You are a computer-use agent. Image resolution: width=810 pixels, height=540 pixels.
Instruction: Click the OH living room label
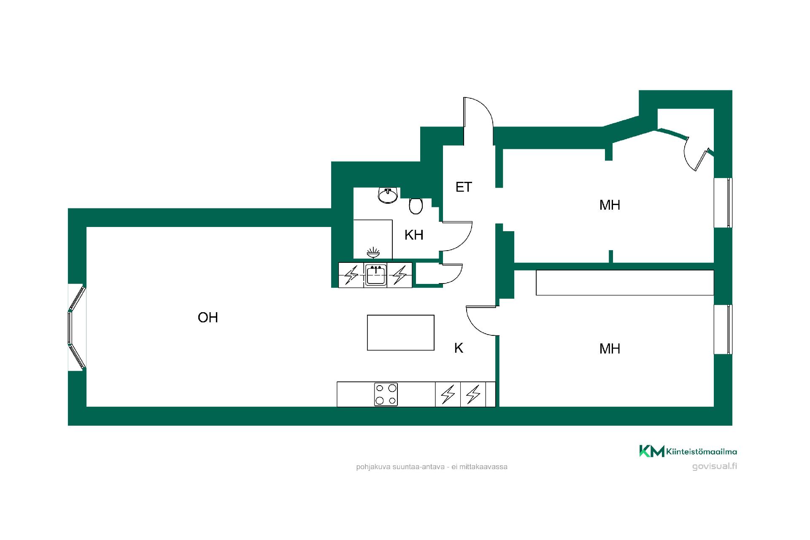tap(208, 317)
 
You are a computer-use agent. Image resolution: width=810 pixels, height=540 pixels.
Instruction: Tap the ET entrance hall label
tap(464, 187)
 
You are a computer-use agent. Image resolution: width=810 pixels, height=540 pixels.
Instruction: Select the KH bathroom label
tap(413, 235)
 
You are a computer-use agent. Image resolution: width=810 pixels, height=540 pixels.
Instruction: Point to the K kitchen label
tap(459, 348)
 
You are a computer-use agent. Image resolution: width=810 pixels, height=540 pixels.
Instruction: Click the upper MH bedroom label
tap(610, 205)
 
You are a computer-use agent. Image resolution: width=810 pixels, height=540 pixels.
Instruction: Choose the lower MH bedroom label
tap(610, 348)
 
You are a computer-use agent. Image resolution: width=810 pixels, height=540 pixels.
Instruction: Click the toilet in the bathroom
tap(416, 205)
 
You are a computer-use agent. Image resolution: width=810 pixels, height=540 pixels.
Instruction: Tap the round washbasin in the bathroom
tap(388, 195)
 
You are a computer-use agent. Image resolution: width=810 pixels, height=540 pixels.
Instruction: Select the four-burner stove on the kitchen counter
tap(386, 394)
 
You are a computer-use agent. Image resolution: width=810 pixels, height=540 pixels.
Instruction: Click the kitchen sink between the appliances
tap(375, 275)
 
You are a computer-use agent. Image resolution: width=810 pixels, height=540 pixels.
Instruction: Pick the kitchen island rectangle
tap(401, 332)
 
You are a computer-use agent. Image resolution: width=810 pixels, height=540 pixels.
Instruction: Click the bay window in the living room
tap(77, 327)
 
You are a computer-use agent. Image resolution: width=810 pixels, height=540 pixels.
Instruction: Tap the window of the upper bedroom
tap(723, 202)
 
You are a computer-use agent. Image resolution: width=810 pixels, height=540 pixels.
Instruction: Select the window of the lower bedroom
tap(723, 329)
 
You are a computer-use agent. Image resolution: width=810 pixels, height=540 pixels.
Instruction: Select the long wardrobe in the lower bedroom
tap(625, 283)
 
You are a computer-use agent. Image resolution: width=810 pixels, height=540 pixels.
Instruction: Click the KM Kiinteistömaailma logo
tap(688, 451)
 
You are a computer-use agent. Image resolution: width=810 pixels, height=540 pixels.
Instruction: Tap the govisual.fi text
tap(715, 466)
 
